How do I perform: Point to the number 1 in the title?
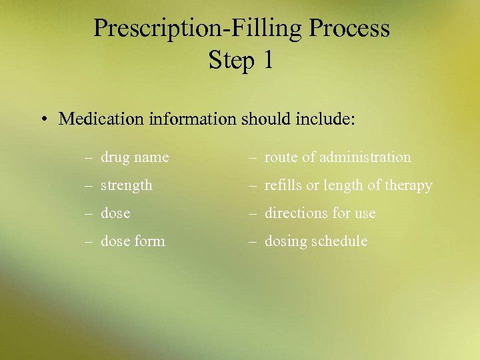267,61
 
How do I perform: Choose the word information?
193,119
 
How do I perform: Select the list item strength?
127,185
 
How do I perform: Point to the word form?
150,241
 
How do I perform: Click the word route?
279,157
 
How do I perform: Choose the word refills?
283,185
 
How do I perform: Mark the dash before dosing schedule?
253,241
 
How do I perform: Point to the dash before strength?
89,186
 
